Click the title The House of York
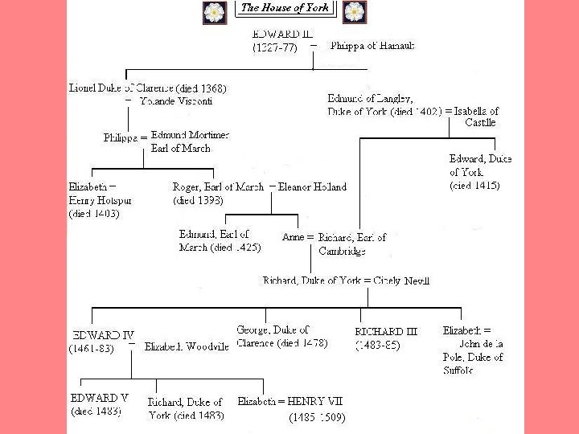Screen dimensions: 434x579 pos(285,8)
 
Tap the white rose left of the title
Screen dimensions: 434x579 pos(214,12)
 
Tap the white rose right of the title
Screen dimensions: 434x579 pos(354,12)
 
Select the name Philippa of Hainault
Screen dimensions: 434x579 pos(372,46)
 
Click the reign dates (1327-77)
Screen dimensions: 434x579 pos(274,47)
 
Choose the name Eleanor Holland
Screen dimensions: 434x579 pos(313,187)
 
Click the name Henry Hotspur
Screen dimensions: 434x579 pos(100,200)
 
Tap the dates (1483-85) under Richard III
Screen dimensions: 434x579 pos(377,346)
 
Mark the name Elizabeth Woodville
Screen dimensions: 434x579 pos(187,347)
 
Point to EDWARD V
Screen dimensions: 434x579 pos(100,398)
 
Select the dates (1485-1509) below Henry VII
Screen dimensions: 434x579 pos(317,418)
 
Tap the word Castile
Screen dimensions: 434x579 pos(480,123)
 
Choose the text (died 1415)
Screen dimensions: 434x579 pos(474,186)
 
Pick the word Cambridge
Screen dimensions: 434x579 pos(342,251)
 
